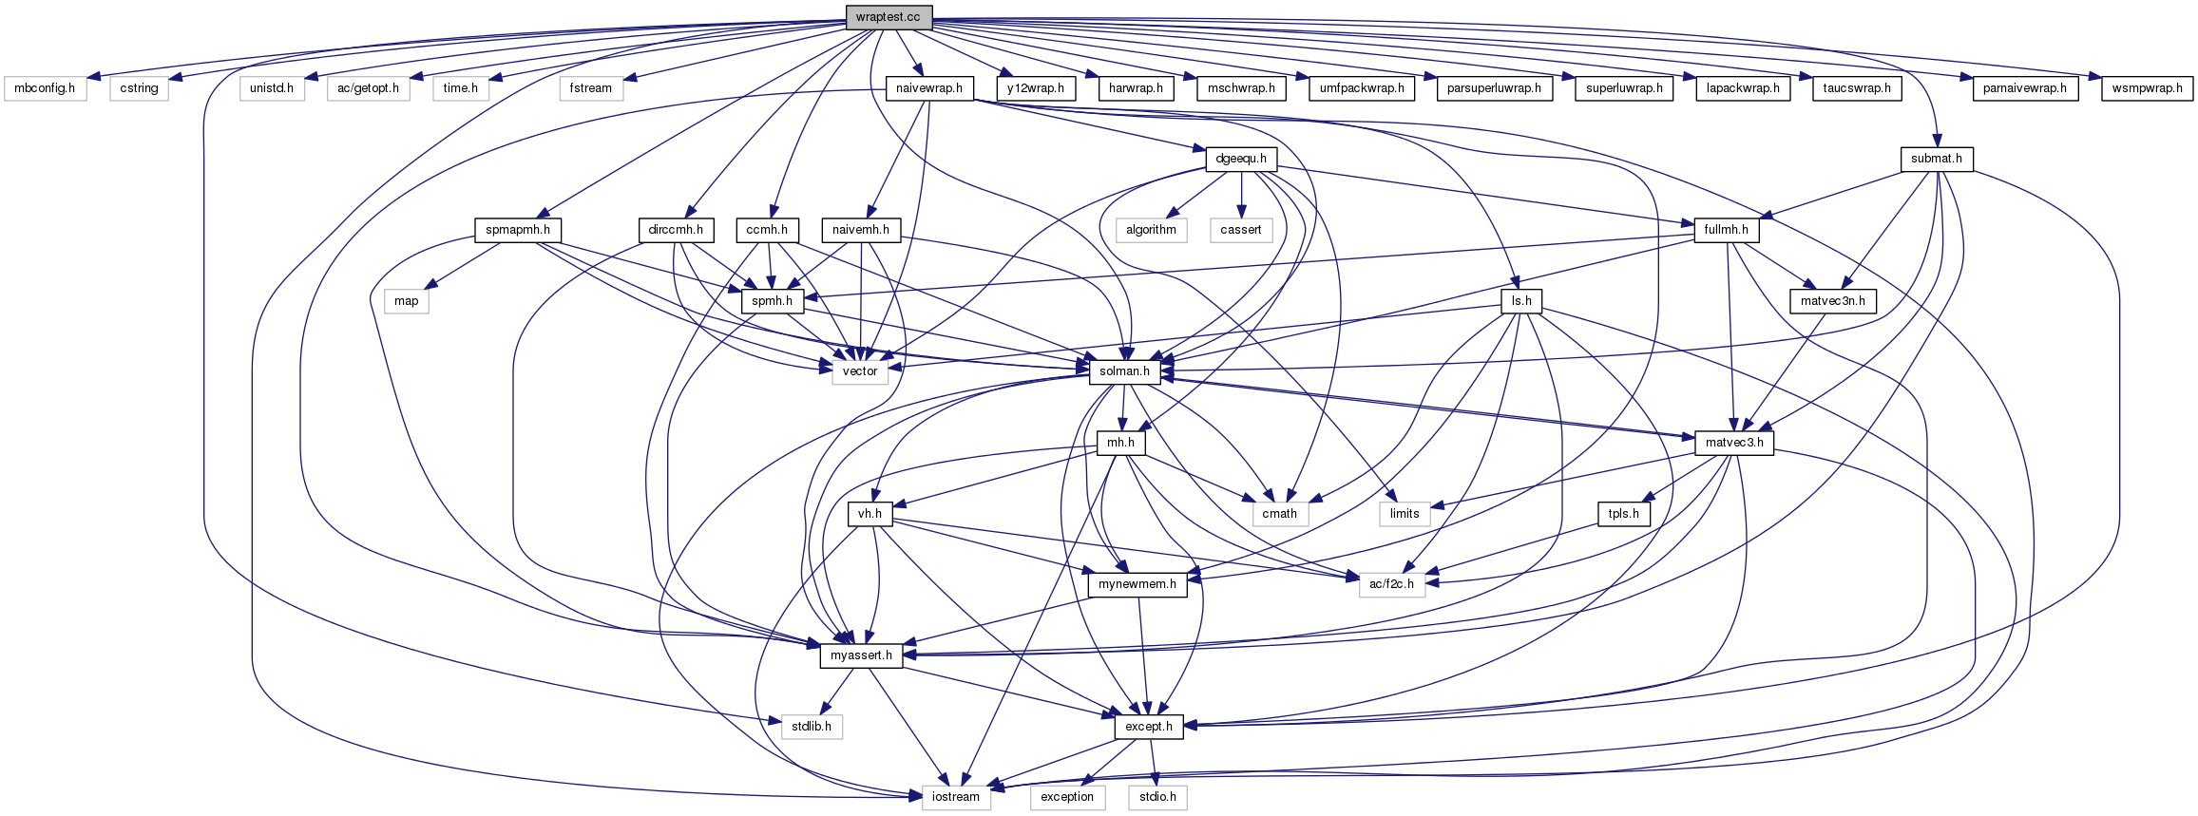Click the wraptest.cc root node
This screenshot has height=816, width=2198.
coord(888,17)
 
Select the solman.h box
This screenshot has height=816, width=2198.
coord(1124,371)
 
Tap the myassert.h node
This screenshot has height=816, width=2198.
coord(861,655)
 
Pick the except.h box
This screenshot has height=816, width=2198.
coord(1148,727)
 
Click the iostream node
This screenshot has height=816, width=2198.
coord(955,797)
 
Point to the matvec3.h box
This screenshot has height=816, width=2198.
coord(1734,443)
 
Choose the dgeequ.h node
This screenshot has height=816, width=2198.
coord(1241,159)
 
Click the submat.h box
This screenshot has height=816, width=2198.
coord(1937,159)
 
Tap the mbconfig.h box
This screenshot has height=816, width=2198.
coord(45,88)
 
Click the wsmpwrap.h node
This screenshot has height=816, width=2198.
coord(2147,88)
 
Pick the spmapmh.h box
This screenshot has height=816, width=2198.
coord(517,230)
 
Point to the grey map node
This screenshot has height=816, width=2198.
coord(406,301)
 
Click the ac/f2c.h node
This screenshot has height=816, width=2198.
coord(1392,584)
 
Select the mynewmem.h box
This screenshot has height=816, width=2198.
coord(1137,584)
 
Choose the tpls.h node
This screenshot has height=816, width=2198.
coord(1624,514)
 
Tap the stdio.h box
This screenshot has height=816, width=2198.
coord(1157,797)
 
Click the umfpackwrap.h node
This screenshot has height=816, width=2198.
coord(1361,88)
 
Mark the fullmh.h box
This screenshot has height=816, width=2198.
coord(1726,230)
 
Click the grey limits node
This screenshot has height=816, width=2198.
coord(1405,514)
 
